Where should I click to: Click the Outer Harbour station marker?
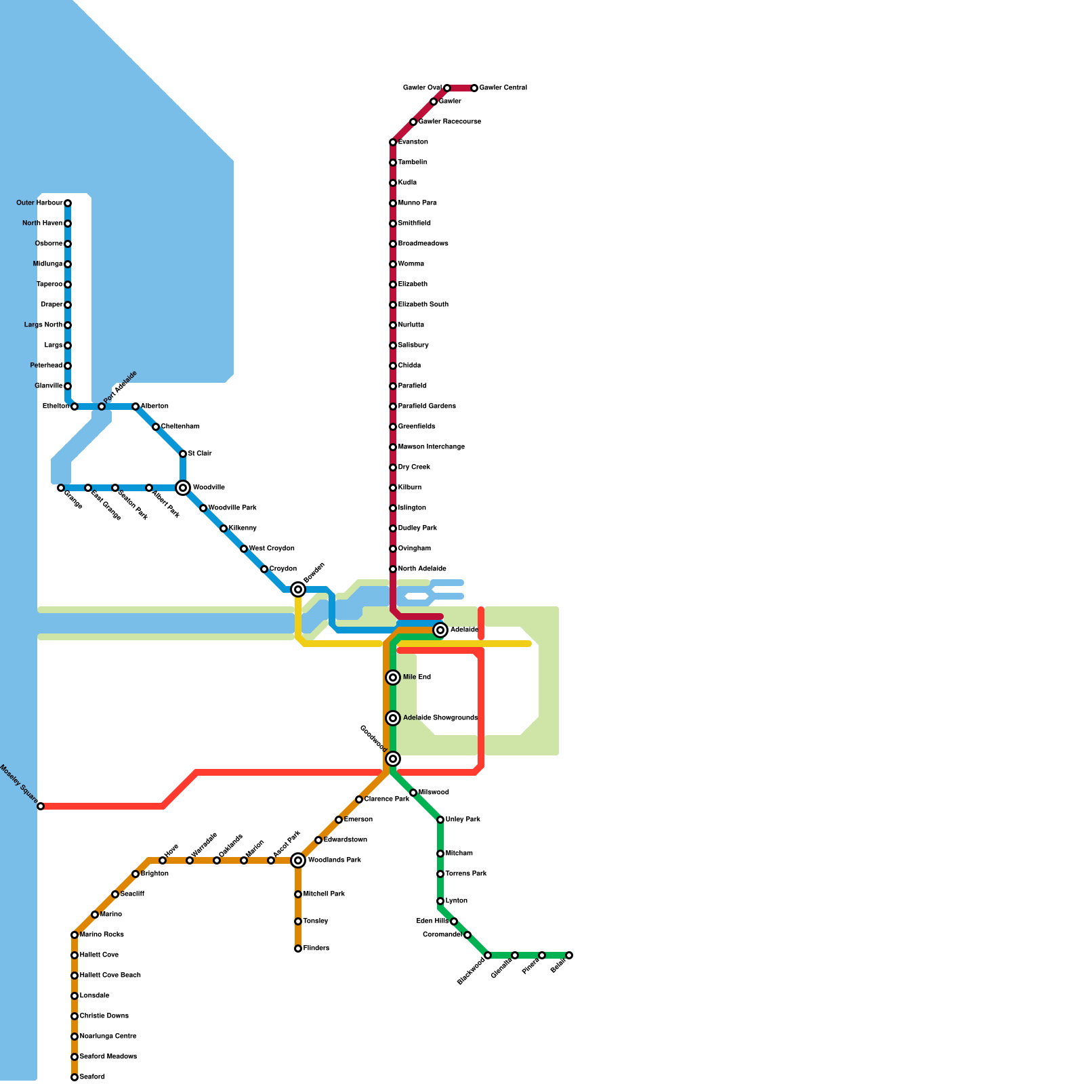[x=68, y=203]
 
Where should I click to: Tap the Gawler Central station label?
[x=503, y=88]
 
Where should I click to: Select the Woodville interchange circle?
[x=183, y=488]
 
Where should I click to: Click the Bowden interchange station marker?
[x=298, y=589]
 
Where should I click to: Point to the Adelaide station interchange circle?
[x=440, y=630]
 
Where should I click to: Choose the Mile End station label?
[x=417, y=677]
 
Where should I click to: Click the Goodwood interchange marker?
[x=393, y=759]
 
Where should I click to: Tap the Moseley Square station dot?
[x=41, y=806]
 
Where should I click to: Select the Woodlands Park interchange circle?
[x=298, y=860]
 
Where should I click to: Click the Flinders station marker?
[x=298, y=948]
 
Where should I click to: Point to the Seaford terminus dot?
[x=75, y=1077]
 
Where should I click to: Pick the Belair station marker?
[x=569, y=955]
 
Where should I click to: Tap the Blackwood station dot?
[x=488, y=955]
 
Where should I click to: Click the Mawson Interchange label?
[x=431, y=447]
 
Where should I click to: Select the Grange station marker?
[x=61, y=488]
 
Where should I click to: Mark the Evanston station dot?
[x=393, y=142]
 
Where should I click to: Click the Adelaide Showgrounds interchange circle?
[x=393, y=718]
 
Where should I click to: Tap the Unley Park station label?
[x=463, y=820]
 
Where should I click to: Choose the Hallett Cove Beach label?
[x=110, y=976]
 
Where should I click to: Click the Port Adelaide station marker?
[x=102, y=406]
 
